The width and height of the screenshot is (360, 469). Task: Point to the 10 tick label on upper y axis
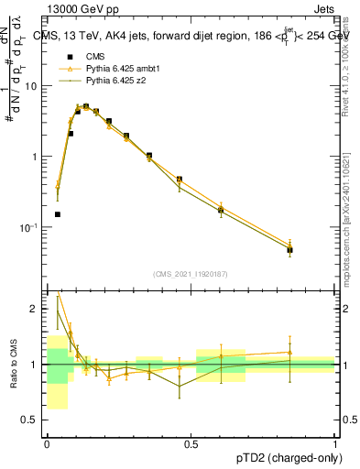tap(31, 86)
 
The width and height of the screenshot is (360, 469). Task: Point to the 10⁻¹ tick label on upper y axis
tap(29, 227)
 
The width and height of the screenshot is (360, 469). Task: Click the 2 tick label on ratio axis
tap(35, 309)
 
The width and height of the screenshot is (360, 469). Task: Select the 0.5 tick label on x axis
tap(191, 442)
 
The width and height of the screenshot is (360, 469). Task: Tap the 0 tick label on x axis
tap(46, 442)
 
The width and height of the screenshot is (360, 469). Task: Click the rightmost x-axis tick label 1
tap(334, 442)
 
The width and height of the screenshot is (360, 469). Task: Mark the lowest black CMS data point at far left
tap(57, 214)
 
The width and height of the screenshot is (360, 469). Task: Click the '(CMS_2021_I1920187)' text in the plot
tap(191, 274)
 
